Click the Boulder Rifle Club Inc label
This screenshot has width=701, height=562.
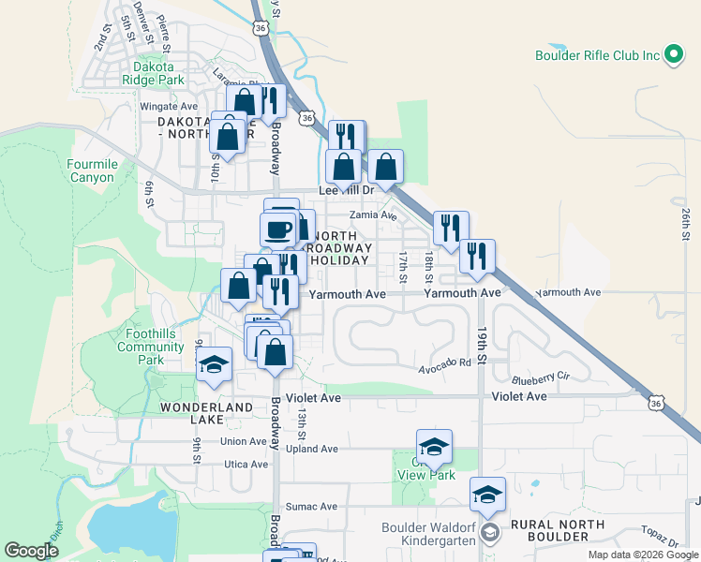(596, 55)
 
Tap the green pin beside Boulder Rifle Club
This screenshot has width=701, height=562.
(672, 54)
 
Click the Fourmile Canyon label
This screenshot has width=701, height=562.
(91, 170)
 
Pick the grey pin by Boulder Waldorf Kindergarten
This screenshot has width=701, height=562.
(488, 533)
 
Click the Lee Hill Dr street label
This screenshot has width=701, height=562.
(347, 189)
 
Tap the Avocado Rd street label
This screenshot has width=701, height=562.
(444, 362)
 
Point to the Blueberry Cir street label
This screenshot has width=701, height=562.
(541, 379)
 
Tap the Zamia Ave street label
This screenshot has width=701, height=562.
(373, 215)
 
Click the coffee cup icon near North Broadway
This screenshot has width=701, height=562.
(277, 229)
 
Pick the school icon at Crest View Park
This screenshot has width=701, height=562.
(434, 447)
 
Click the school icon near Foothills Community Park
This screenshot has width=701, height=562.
(215, 364)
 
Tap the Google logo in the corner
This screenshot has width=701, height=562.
(31, 551)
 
